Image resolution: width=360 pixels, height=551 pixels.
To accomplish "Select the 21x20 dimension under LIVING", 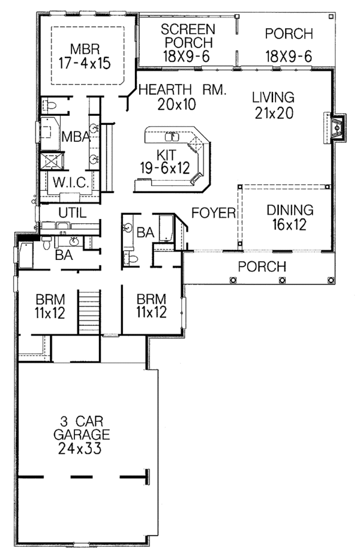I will click(273, 113).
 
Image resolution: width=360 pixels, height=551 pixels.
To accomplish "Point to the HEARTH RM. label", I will click(182, 91).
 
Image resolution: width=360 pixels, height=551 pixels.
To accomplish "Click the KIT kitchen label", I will click(168, 154).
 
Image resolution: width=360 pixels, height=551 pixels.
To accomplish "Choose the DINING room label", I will click(290, 211).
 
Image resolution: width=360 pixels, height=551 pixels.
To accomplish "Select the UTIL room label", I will click(72, 212).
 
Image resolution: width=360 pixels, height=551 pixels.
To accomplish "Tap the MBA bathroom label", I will click(77, 138).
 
